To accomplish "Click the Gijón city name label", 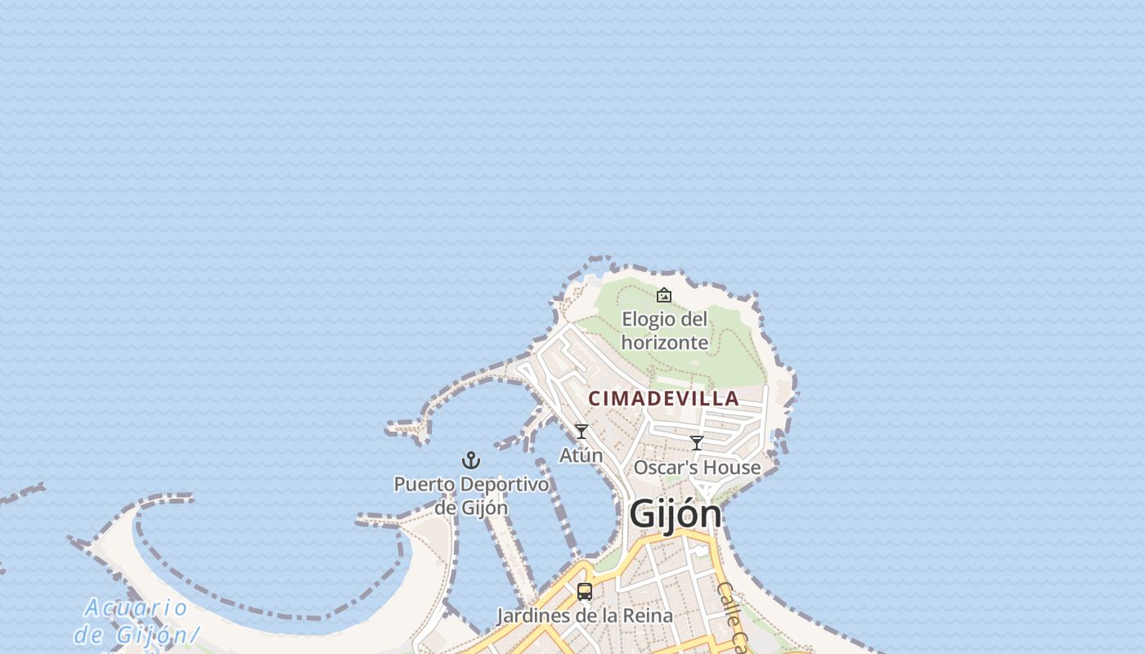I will click(676, 514).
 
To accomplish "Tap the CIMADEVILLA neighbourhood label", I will click(663, 399).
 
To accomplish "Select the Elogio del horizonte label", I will click(664, 330).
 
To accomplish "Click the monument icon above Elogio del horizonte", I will click(664, 295).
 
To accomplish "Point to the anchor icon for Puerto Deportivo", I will click(471, 460).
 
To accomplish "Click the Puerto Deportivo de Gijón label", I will click(471, 495).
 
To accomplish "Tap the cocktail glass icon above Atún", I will click(581, 431).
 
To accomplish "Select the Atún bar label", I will click(581, 455).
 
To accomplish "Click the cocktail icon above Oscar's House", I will click(697, 443).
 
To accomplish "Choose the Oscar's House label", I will click(697, 468).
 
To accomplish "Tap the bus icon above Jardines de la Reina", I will click(585, 591).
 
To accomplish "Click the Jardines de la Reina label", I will click(585, 616).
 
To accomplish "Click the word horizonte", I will click(664, 342).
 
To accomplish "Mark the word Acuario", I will click(137, 608).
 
